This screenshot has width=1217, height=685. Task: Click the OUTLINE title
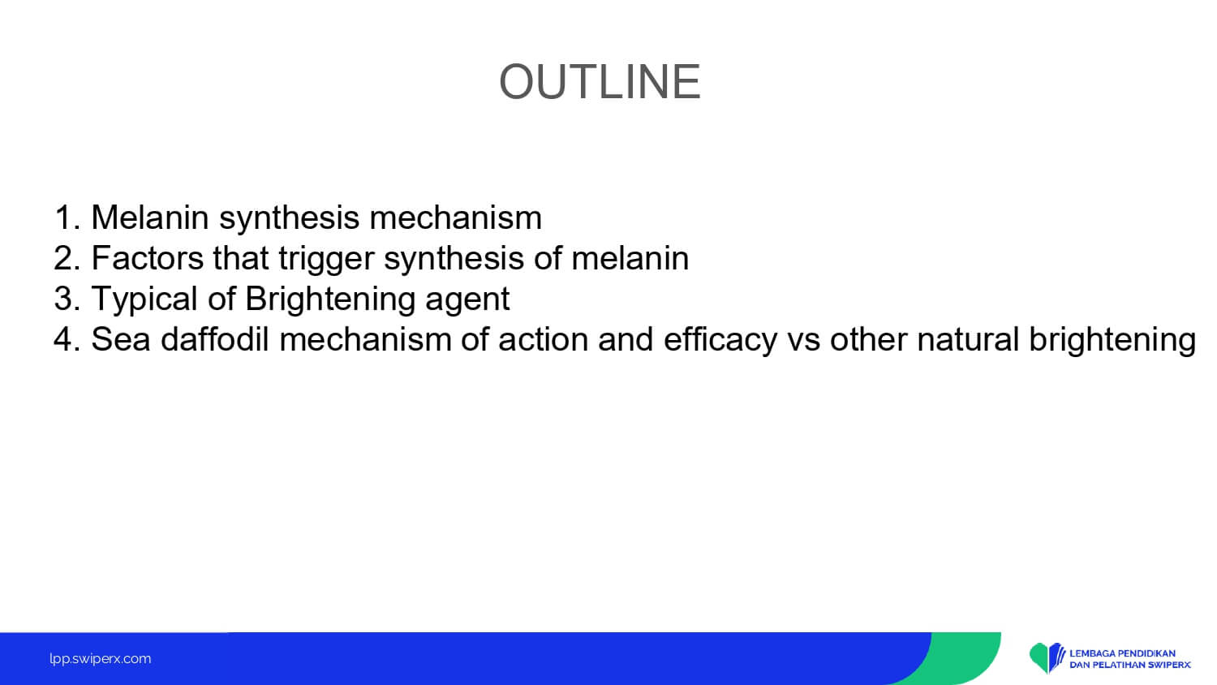[600, 81]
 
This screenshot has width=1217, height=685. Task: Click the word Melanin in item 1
[150, 218]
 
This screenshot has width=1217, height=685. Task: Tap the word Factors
[147, 258]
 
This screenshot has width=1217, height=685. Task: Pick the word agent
[467, 301]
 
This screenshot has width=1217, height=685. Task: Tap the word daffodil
[215, 338]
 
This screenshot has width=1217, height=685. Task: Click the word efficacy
[720, 341]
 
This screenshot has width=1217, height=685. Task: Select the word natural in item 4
[968, 339]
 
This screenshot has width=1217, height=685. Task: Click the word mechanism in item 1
[455, 218]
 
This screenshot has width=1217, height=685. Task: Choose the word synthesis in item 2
[454, 260]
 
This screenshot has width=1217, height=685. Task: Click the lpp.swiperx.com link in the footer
[101, 659]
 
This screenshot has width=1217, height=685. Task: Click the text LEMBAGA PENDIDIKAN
[1122, 653]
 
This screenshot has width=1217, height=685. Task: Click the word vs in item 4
[803, 342]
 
